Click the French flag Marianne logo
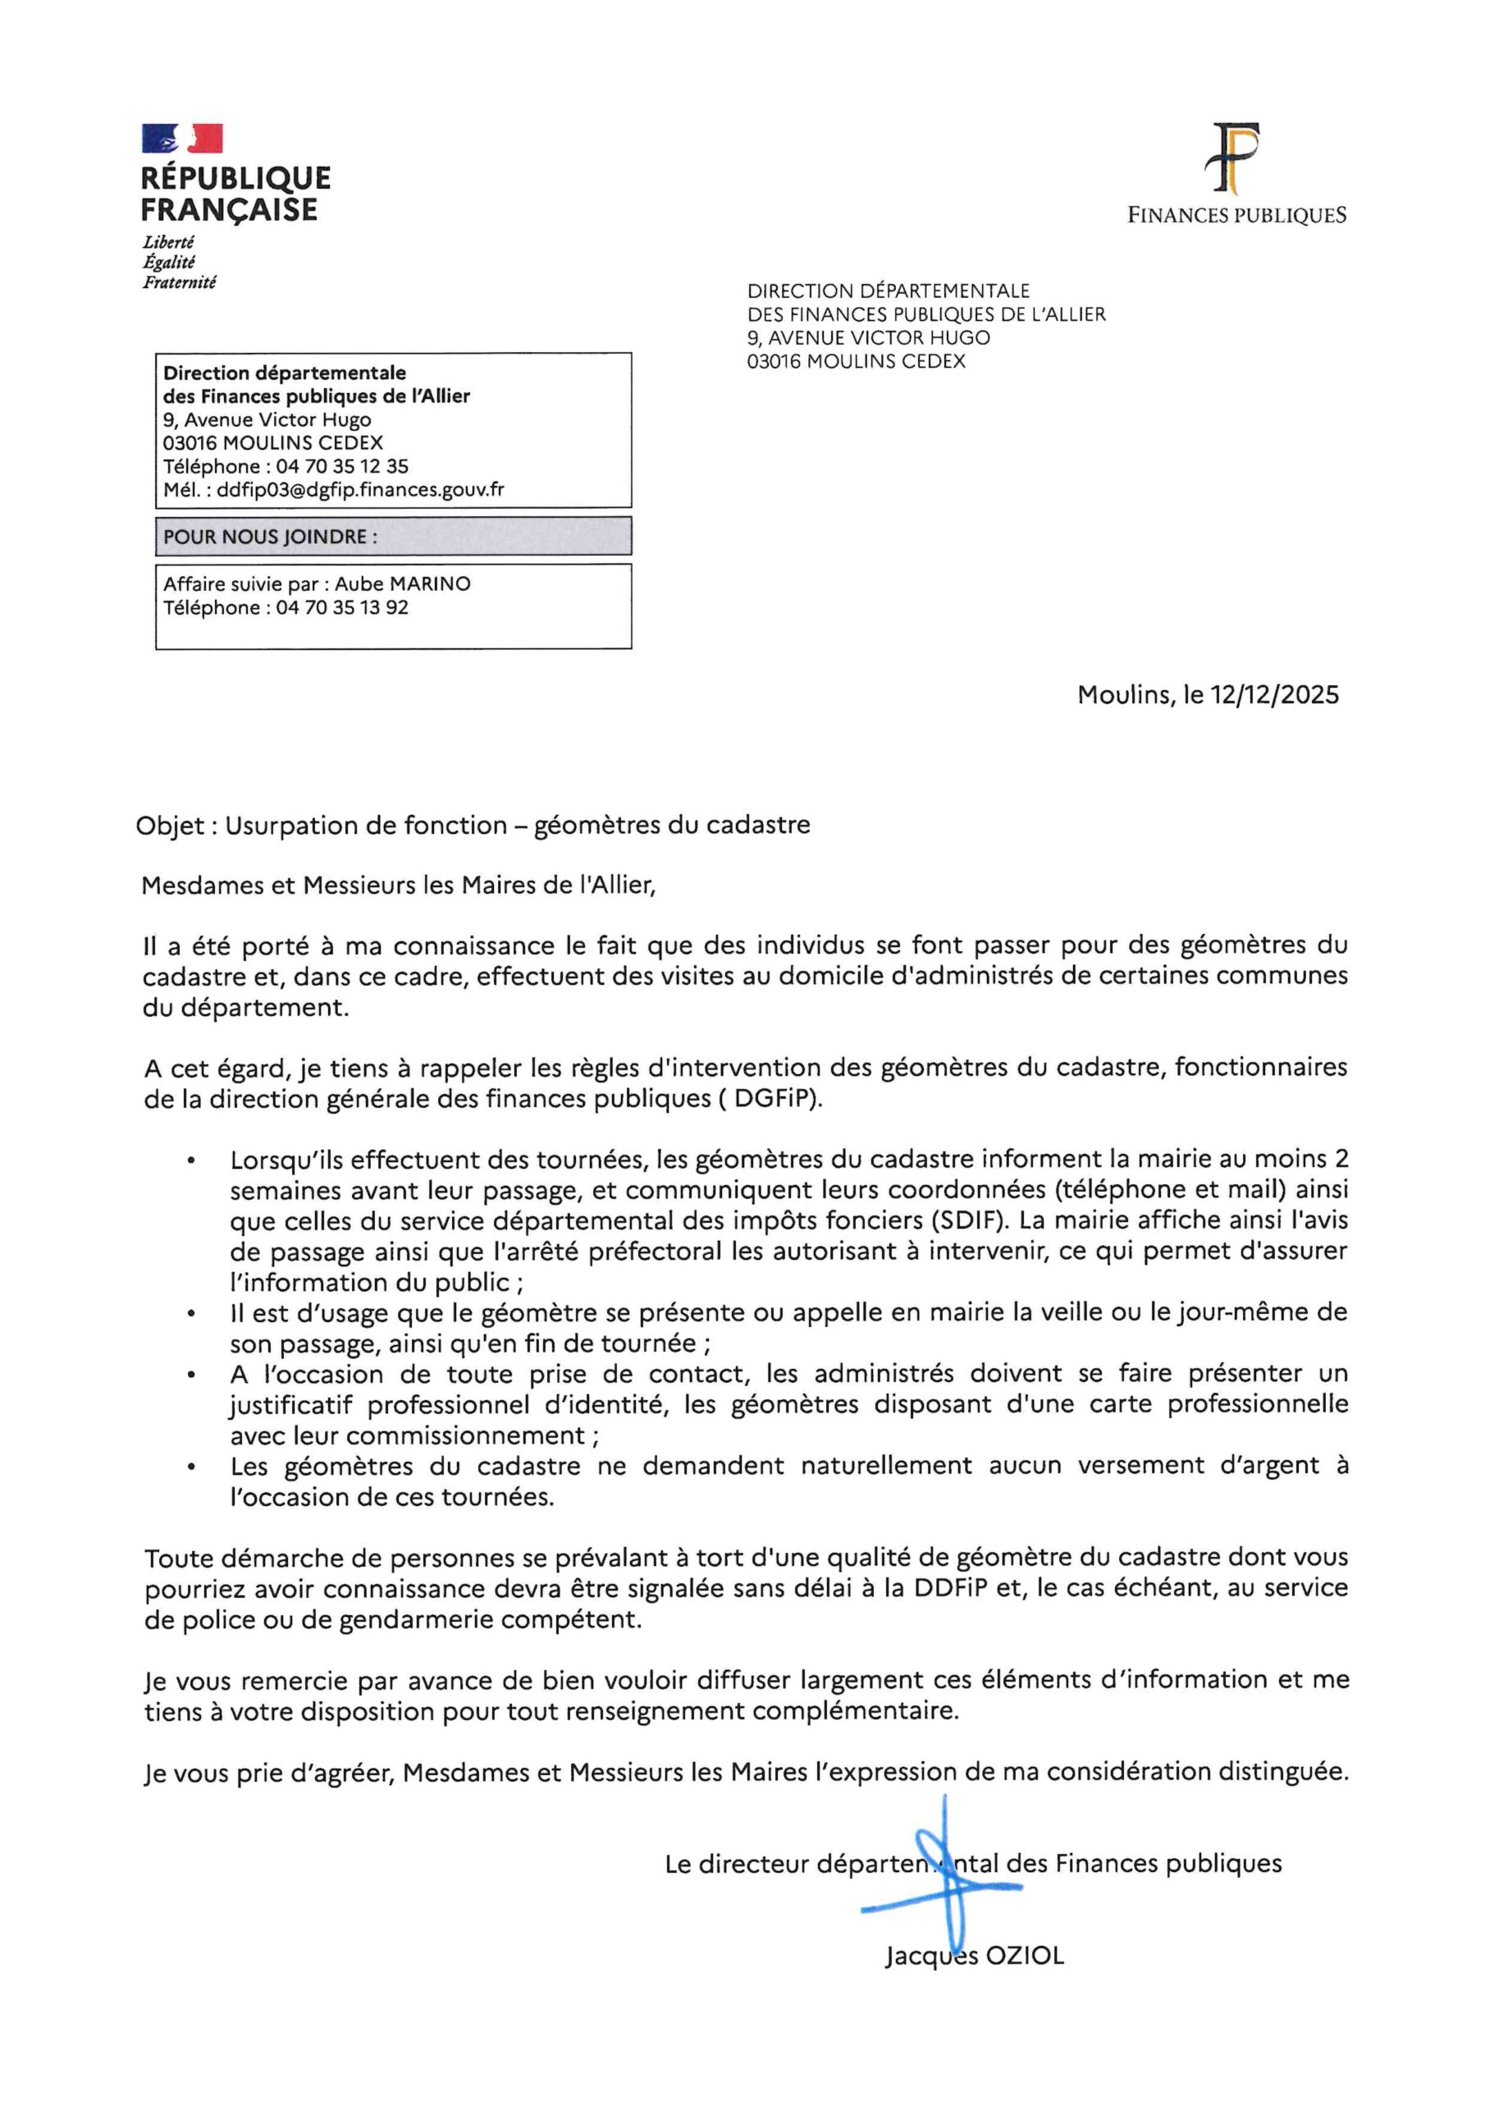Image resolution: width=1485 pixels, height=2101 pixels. (182, 138)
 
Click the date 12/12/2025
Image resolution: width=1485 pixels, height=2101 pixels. (1273, 694)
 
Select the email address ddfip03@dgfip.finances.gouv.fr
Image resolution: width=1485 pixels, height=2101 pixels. (359, 490)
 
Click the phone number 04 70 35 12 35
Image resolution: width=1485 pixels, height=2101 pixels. (342, 466)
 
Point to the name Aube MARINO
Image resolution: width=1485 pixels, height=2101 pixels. (403, 584)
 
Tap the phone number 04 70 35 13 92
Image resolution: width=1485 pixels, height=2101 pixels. (342, 607)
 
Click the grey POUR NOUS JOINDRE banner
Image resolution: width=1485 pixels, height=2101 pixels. (394, 536)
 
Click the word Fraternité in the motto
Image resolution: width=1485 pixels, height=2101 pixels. (180, 283)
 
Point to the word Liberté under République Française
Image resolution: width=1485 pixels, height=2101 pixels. (168, 242)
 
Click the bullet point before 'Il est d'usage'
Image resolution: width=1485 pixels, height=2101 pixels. (190, 1315)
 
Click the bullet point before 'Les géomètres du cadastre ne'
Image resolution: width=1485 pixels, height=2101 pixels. (190, 1467)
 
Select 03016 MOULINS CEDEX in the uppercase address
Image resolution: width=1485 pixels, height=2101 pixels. (856, 361)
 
